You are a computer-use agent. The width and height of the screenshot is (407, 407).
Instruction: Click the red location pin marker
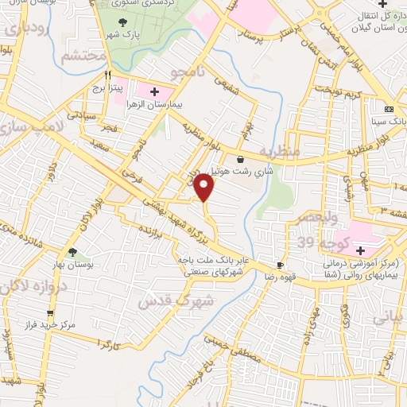[204, 188]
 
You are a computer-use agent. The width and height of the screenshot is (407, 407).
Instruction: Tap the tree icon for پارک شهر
[122, 23]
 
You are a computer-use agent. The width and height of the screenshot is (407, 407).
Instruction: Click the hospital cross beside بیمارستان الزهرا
[154, 93]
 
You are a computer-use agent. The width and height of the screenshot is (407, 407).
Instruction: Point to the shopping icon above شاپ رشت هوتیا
[240, 160]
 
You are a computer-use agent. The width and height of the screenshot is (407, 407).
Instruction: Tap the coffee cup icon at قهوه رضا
[280, 266]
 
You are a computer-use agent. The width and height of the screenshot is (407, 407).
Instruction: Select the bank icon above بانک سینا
[388, 109]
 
